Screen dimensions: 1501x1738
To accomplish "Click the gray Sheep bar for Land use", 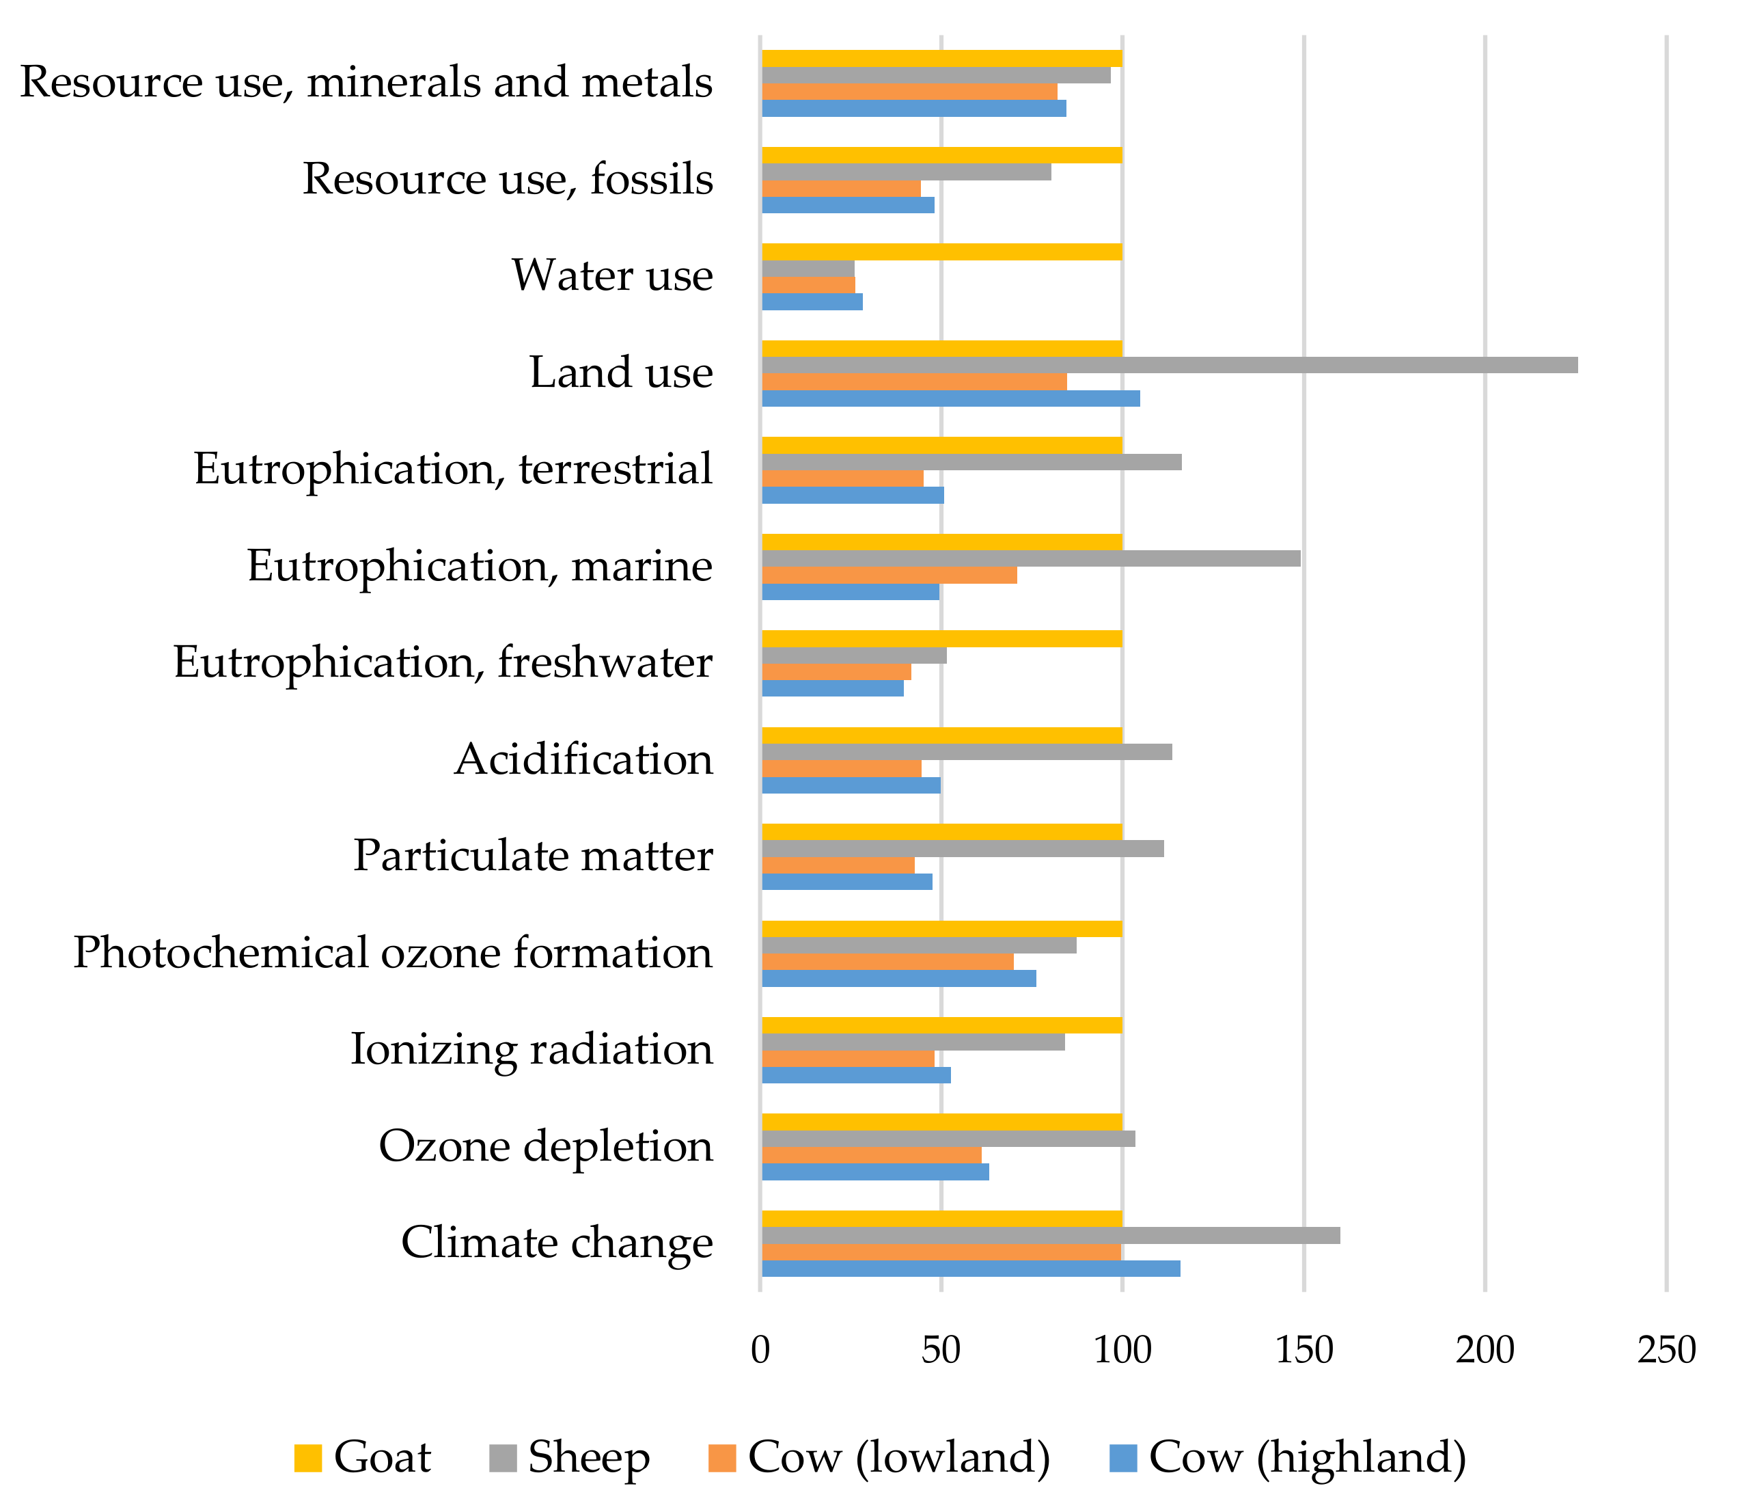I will tap(1170, 365).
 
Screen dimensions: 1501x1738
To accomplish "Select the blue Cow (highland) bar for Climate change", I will tap(971, 1269).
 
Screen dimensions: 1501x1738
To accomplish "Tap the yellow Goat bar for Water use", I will tap(941, 252).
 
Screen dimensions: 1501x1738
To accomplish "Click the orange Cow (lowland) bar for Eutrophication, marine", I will tap(889, 575).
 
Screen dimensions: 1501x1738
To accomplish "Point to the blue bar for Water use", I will tap(812, 302).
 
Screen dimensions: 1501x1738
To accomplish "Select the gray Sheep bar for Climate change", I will tap(1050, 1236).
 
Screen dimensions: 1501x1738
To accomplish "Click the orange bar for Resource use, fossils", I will tap(840, 189).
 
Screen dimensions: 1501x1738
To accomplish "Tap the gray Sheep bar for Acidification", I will tap(966, 752).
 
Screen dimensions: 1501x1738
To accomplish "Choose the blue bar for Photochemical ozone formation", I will tap(898, 978).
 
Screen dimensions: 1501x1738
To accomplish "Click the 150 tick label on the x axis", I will tap(1303, 1350).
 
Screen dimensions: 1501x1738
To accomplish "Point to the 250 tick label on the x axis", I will tap(1666, 1350).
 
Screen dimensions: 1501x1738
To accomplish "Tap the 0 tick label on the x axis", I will tap(760, 1350).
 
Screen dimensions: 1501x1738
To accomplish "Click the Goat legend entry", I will tap(382, 1457).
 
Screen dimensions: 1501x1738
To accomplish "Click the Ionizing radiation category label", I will tap(531, 1050).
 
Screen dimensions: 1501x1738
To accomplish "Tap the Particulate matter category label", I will tap(533, 856).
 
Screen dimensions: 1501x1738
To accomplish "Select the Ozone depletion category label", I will tap(545, 1146).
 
